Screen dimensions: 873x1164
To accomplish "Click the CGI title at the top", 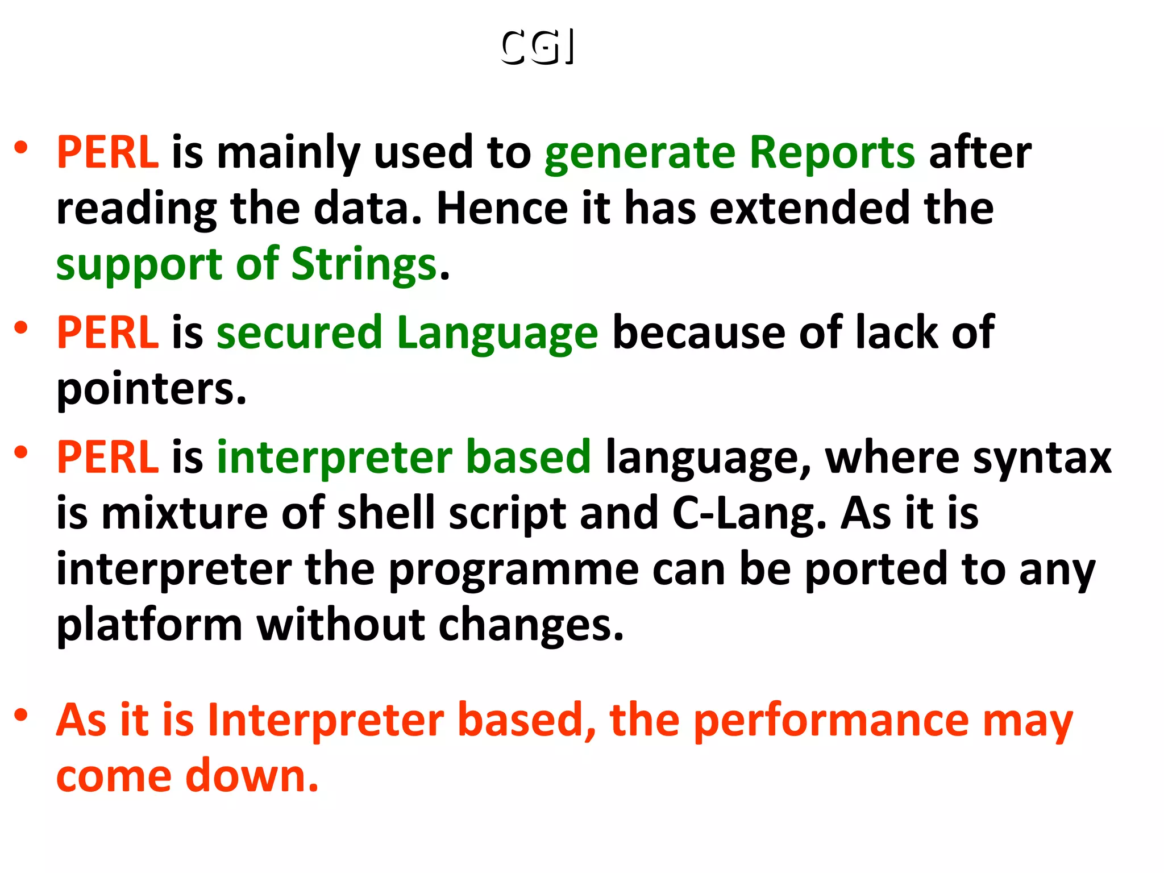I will point(537,47).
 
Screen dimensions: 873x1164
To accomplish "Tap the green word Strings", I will point(364,265).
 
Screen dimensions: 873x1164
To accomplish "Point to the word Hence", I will point(502,208).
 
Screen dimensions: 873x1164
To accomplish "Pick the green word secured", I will point(299,332).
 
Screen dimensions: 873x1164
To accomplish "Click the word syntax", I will point(1042,458).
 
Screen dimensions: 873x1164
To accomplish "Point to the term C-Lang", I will point(749,513).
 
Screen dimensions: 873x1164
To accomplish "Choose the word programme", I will point(514,570).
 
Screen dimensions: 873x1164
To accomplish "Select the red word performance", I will point(831,721).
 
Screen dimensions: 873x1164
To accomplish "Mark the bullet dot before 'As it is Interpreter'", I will point(21,714).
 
